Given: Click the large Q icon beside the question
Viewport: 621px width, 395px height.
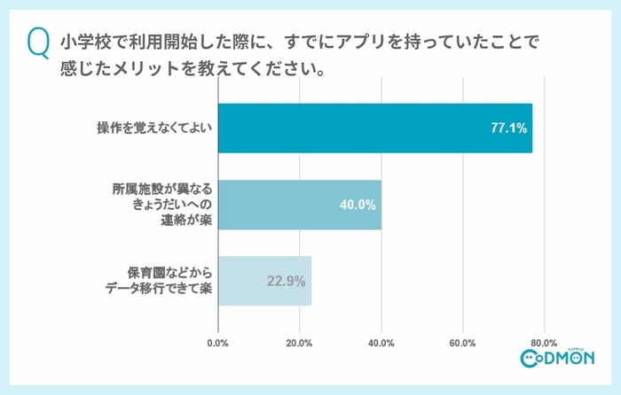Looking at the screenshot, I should tap(36, 43).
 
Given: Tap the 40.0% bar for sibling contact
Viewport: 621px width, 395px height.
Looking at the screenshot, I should tap(299, 205).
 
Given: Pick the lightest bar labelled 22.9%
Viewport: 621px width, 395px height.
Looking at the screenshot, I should tap(264, 281).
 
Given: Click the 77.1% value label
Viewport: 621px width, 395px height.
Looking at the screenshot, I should tap(508, 128).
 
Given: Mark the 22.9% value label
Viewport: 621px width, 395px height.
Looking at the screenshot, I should tap(287, 282).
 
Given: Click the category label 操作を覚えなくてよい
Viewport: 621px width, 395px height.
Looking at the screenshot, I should tap(154, 128).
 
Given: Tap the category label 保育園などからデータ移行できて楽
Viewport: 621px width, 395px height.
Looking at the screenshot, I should tap(158, 281).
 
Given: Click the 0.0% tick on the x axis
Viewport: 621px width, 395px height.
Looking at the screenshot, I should tap(218, 343).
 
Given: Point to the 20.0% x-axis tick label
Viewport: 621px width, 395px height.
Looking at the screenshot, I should tap(299, 343).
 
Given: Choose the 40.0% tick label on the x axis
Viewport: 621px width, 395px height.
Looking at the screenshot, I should tap(381, 343).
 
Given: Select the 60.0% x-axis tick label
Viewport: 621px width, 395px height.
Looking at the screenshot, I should tap(462, 343).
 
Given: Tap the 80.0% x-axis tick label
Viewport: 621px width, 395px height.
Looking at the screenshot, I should tap(543, 343).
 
